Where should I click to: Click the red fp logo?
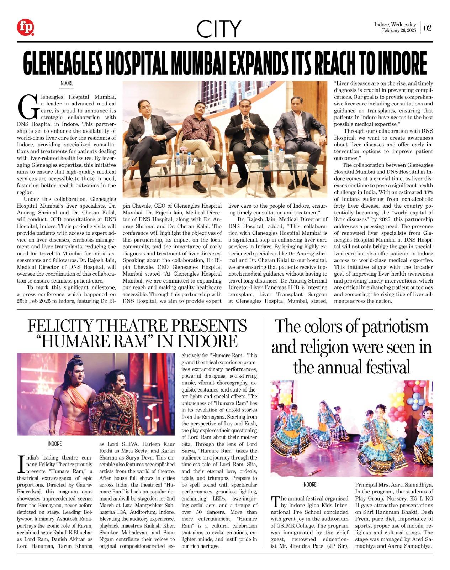(26, 27)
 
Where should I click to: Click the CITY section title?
(218, 29)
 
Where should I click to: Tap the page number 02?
(427, 28)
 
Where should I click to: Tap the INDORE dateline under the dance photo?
(309, 485)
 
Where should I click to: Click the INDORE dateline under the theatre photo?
(54, 444)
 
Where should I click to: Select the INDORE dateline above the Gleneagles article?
(66, 83)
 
